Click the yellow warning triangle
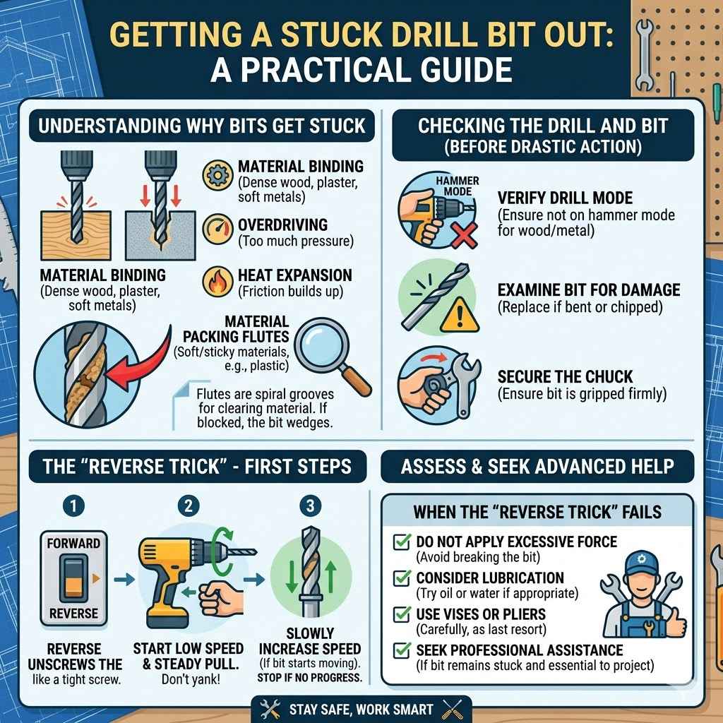click(460, 316)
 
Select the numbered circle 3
click(310, 506)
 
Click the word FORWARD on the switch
click(73, 544)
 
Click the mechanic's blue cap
click(640, 563)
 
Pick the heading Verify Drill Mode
click(555, 198)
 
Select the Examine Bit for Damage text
click(588, 290)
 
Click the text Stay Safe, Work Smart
click(361, 709)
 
